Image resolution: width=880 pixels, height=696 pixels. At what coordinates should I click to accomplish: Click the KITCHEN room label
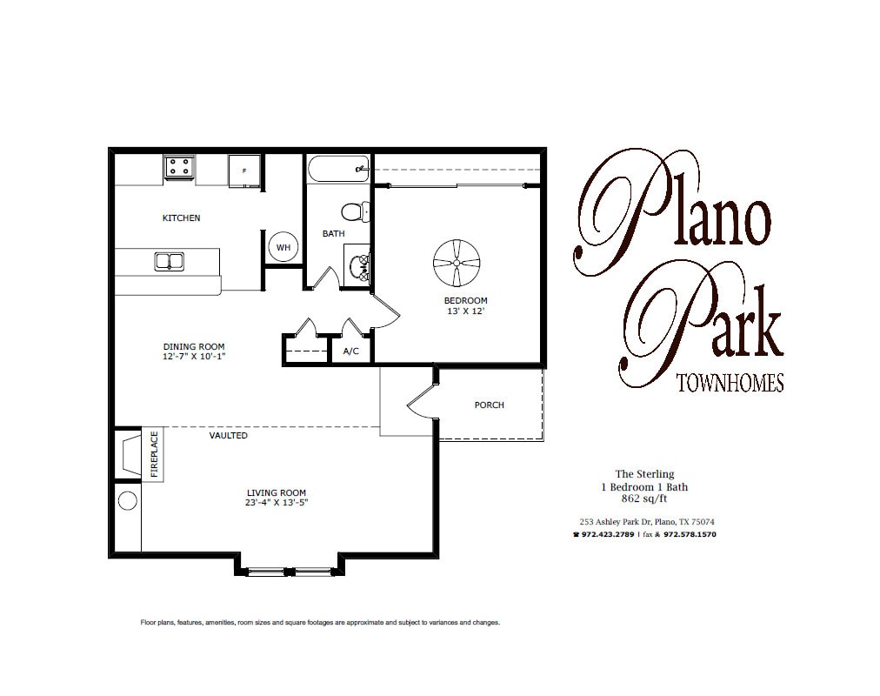[x=181, y=217]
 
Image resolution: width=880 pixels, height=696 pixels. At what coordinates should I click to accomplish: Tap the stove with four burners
[x=180, y=165]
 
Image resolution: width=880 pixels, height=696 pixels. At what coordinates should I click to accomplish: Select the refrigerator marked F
[x=243, y=171]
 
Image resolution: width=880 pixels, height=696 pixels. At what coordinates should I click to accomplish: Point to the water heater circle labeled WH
[x=283, y=247]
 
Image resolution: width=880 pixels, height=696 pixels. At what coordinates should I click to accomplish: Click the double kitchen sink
[x=169, y=260]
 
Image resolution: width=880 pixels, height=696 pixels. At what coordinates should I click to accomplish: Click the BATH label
[x=334, y=233]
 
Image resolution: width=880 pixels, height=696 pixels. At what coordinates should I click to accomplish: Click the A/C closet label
[x=351, y=351]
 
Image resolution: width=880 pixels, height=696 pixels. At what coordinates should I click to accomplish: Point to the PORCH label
[x=489, y=405]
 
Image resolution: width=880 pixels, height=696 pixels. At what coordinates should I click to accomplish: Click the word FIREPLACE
[x=155, y=453]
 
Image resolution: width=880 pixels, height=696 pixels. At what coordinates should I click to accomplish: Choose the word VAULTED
[x=229, y=435]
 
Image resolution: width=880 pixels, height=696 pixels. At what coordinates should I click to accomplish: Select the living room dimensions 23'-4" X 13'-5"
[x=277, y=503]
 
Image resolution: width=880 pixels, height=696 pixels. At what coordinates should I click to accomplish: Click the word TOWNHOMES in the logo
[x=729, y=383]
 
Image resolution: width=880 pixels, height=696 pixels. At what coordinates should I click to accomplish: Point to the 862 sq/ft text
[x=643, y=499]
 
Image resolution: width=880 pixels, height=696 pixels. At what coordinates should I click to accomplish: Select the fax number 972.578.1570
[x=689, y=534]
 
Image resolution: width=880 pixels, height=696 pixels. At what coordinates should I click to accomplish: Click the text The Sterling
[x=643, y=474]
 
